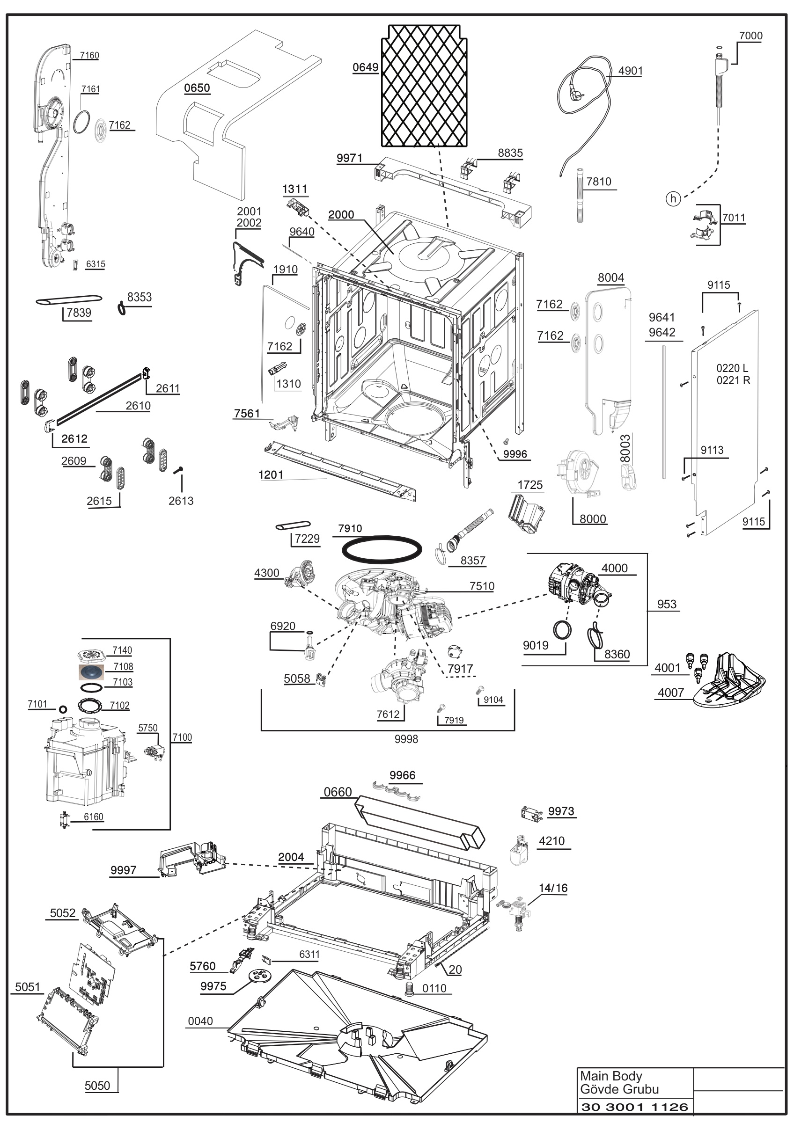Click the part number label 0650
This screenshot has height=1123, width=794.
197,88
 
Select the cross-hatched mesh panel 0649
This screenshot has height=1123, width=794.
424,86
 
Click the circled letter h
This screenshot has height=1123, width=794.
674,198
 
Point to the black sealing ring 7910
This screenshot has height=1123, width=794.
382,550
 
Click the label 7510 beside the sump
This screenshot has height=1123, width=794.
482,586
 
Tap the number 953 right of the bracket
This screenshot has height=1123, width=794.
667,604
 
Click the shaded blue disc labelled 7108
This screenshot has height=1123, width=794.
91,672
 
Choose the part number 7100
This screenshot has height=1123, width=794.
182,737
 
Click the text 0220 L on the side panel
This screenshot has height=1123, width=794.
732,368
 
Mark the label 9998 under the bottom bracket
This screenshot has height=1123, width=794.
406,739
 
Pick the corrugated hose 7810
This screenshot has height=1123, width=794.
580,195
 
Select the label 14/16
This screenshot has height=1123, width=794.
553,888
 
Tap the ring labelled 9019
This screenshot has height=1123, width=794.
562,630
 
